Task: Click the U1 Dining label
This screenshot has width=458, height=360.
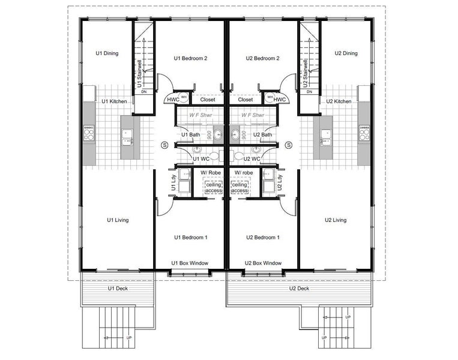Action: (107, 53)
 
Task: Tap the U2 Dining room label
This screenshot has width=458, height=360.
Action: (346, 53)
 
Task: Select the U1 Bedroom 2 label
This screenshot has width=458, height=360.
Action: (190, 58)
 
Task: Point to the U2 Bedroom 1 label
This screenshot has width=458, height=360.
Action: (263, 238)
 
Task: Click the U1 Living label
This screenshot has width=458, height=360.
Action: (118, 220)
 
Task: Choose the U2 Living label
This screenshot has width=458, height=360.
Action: (335, 220)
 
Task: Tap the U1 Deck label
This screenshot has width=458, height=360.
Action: (118, 289)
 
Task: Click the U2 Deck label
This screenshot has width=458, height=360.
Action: (299, 289)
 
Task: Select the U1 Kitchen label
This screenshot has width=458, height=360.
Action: (114, 101)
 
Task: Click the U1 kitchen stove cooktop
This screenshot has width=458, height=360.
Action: (89, 133)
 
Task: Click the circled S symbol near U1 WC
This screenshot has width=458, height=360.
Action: (164, 145)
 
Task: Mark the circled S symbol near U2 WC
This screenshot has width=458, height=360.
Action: (289, 145)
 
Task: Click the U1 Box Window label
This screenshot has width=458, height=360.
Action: (190, 263)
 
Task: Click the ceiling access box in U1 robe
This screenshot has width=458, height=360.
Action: (214, 188)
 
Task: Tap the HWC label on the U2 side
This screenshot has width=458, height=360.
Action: (279, 100)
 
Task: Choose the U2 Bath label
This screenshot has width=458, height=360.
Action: (262, 135)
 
